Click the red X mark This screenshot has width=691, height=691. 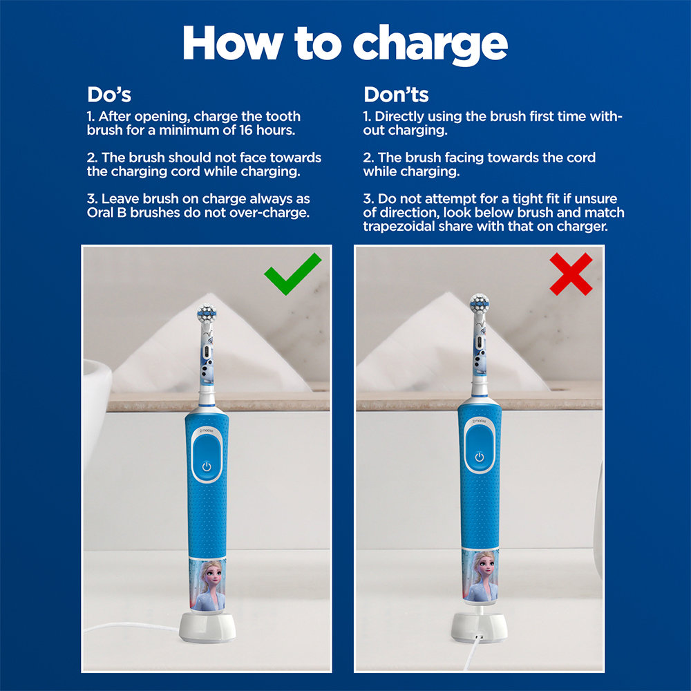pos(570,274)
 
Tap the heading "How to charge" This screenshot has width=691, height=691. pos(345,43)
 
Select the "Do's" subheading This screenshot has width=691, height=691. pos(109,94)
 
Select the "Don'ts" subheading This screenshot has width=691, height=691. pos(396,94)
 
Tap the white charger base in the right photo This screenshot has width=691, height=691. pos(480,625)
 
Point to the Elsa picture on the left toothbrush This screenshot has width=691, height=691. pos(207,584)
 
